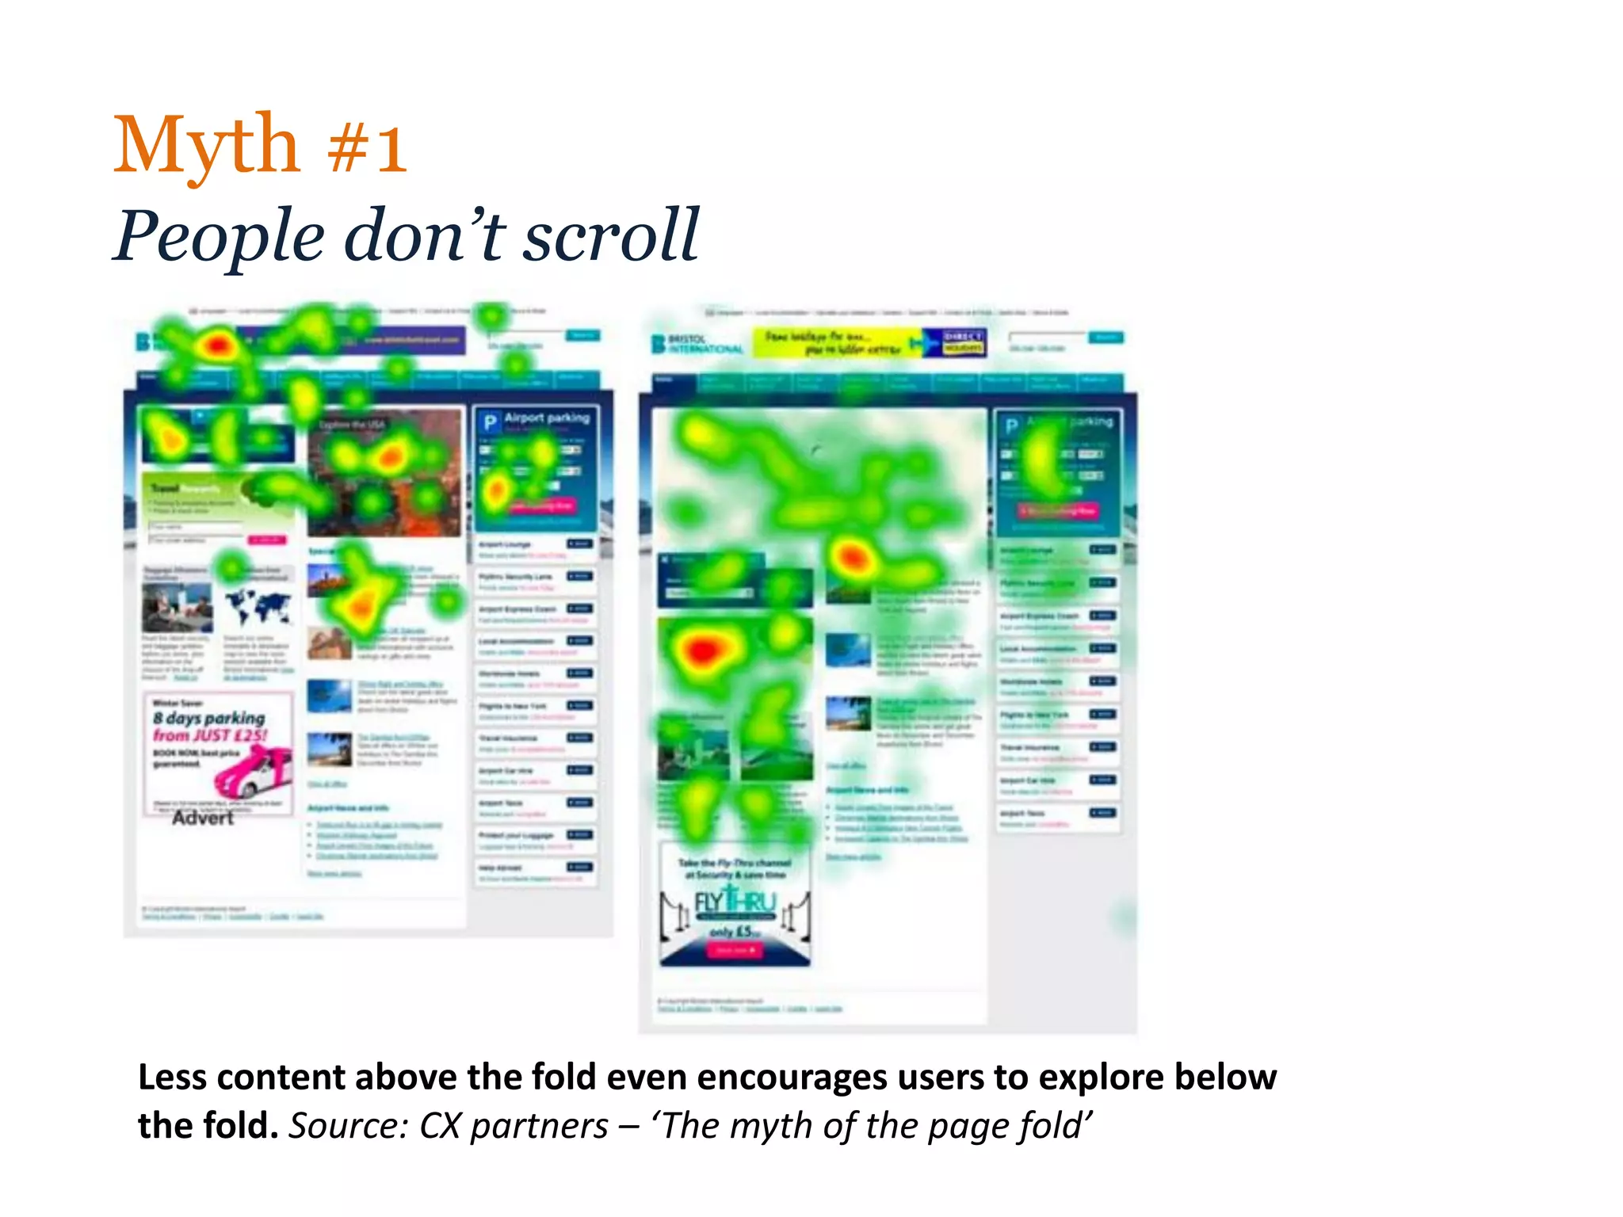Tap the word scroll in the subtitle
point(610,235)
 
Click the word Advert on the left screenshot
point(203,818)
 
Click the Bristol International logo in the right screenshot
point(697,344)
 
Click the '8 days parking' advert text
point(209,718)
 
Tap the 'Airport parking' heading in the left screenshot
point(547,418)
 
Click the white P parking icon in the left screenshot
point(490,422)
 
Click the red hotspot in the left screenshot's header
point(216,345)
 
